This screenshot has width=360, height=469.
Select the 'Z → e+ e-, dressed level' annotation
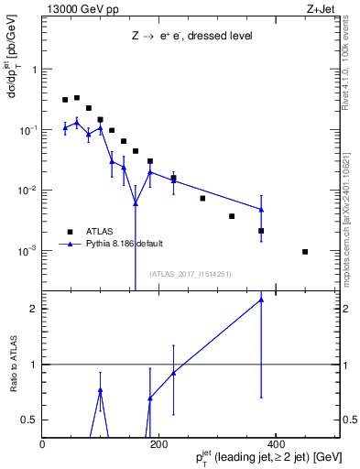191,38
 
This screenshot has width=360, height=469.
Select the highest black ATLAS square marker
77,97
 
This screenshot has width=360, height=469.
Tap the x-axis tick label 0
43,444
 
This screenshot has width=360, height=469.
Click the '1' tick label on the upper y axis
35,70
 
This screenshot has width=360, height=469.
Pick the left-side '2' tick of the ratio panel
35,309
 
